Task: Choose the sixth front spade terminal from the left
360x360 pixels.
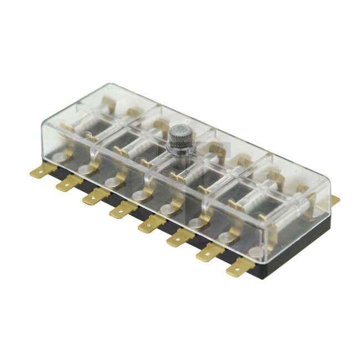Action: click(180, 238)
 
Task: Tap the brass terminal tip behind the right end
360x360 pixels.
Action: click(335, 199)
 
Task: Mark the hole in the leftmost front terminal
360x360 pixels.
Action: click(37, 170)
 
